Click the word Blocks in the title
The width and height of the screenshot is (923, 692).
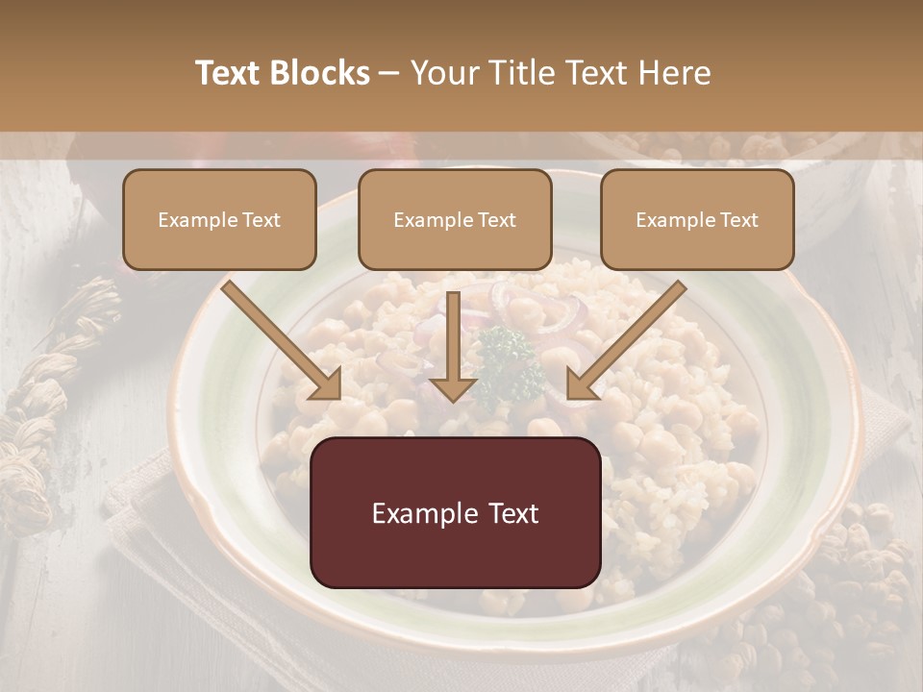319,73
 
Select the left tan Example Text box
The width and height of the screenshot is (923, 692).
219,219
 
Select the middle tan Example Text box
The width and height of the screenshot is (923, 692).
455,219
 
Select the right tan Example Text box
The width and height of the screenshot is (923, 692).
697,219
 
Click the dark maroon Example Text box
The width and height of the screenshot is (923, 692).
456,512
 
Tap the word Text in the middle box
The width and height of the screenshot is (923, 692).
496,220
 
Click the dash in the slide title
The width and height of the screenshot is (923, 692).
389,73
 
